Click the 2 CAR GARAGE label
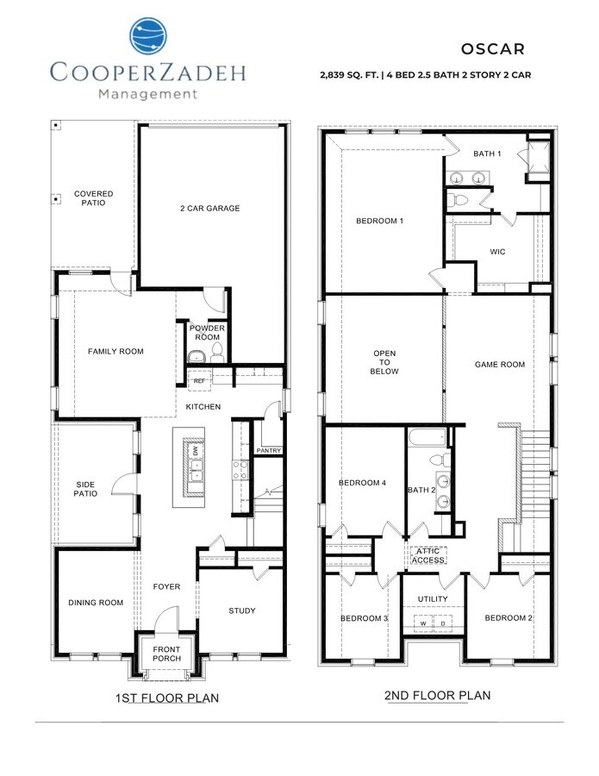coord(210,208)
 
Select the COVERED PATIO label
coord(93,198)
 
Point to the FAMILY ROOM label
coord(115,351)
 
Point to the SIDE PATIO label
coord(85,489)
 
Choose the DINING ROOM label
coord(96,603)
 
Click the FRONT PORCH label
coord(167,654)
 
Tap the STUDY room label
coord(241,610)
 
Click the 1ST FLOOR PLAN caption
coord(167,697)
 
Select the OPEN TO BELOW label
coord(384,364)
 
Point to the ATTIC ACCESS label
coord(427,555)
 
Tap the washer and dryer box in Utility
coord(434,622)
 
